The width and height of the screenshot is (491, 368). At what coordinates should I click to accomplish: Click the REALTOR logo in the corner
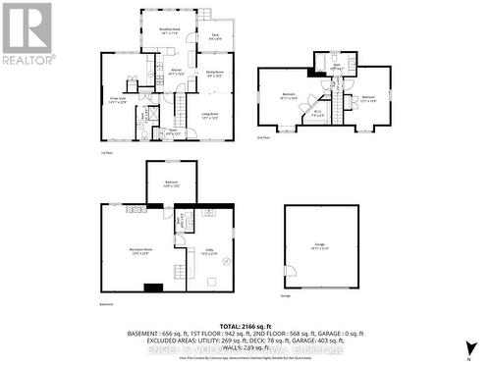27,33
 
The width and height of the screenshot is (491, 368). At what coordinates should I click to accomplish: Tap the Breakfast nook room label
169,31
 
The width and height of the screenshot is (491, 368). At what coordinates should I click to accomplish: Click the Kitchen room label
176,72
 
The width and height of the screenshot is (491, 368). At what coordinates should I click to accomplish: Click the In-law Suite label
119,100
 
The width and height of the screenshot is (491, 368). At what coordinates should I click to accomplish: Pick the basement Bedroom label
171,183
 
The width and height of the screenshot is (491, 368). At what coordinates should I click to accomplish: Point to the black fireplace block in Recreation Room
152,288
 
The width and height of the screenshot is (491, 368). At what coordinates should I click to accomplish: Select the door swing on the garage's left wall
288,272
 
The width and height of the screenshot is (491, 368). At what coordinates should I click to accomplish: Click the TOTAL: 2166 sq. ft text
245,325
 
